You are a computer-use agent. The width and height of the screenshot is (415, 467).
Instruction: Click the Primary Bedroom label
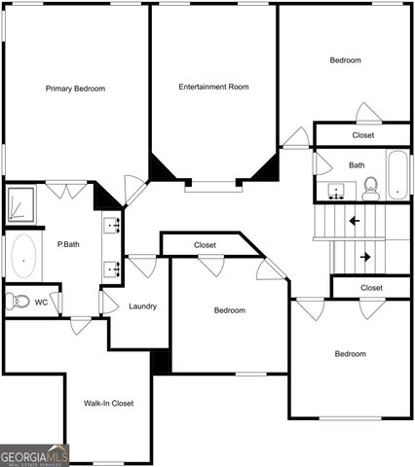75,89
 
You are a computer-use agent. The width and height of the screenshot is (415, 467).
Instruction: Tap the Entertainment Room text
213,87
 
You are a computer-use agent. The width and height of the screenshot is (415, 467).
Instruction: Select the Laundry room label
142,306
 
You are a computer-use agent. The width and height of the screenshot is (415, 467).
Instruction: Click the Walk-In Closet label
108,403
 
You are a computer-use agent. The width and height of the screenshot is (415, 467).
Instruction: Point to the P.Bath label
68,244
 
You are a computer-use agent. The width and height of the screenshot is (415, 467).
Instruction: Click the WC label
42,303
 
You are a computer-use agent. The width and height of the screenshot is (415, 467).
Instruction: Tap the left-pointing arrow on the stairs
354,221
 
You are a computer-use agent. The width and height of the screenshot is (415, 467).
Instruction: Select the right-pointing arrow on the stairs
365,258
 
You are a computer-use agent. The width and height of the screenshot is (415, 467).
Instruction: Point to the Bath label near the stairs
357,165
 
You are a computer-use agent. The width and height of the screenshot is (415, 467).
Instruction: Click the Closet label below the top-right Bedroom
362,135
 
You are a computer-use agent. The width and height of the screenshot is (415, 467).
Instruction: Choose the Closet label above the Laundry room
205,245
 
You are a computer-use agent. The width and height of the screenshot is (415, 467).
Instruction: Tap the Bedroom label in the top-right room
345,60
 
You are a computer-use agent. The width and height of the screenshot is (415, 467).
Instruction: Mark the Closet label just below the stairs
371,288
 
